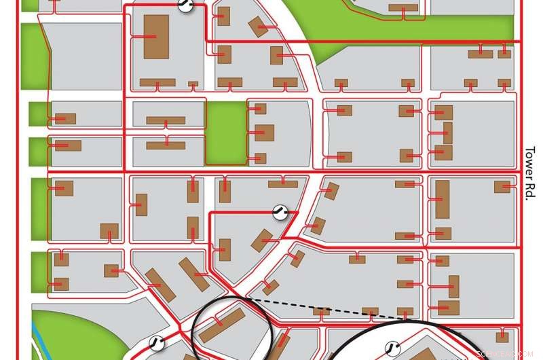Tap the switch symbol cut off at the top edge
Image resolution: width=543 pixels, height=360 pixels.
click(185, 5)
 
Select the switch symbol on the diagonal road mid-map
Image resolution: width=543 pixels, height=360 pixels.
click(279, 212)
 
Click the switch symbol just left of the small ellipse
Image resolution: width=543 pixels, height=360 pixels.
click(157, 342)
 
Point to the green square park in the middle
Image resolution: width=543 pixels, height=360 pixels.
click(225, 133)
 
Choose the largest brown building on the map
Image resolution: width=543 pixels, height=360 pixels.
click(156, 36)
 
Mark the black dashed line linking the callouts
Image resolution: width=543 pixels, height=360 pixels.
click(319, 307)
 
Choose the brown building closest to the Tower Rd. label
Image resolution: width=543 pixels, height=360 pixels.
click(502, 187)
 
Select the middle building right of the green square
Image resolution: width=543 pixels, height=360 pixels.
click(264, 132)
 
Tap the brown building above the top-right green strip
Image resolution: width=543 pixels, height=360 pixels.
click(403, 8)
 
